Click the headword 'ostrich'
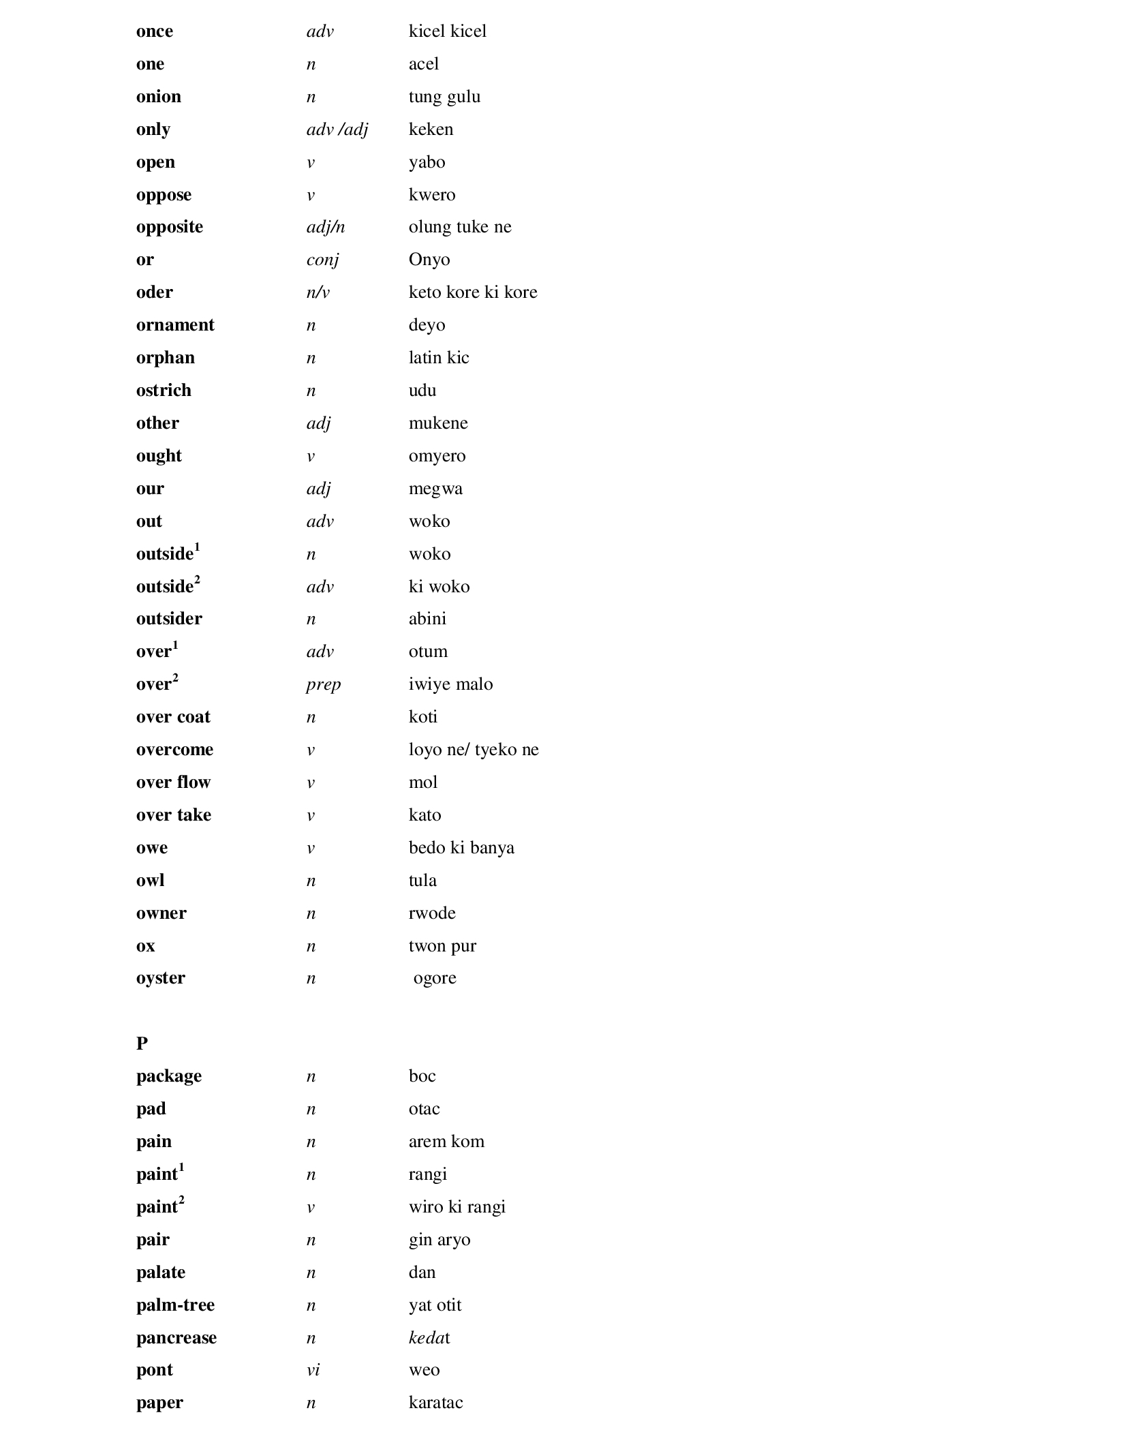(x=164, y=391)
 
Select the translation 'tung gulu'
(x=444, y=97)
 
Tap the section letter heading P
(x=142, y=1043)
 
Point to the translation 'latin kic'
(x=439, y=358)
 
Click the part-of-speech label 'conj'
(x=322, y=260)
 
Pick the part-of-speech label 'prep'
(x=324, y=684)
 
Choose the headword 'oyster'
(x=161, y=978)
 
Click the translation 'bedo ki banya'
(x=461, y=848)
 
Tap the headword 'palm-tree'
(x=175, y=1305)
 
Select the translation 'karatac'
(x=435, y=1403)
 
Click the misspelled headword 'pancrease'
(x=176, y=1337)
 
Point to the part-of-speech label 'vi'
(x=313, y=1370)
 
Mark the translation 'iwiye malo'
(x=450, y=684)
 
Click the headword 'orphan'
(x=166, y=358)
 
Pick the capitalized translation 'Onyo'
(x=429, y=260)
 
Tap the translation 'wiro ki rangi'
(x=457, y=1207)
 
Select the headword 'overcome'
(x=174, y=750)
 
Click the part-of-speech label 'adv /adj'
(x=337, y=130)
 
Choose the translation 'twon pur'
(x=442, y=946)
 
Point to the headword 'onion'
(x=159, y=97)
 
